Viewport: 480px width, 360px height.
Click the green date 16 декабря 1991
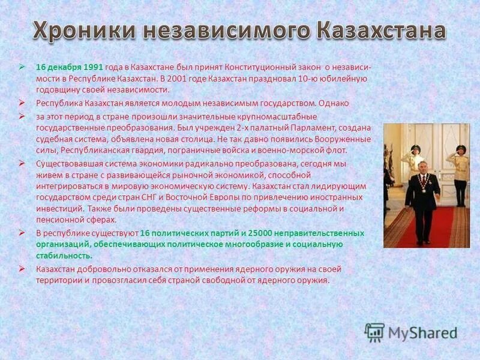[x=70, y=67]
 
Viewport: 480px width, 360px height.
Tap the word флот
[x=337, y=150]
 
